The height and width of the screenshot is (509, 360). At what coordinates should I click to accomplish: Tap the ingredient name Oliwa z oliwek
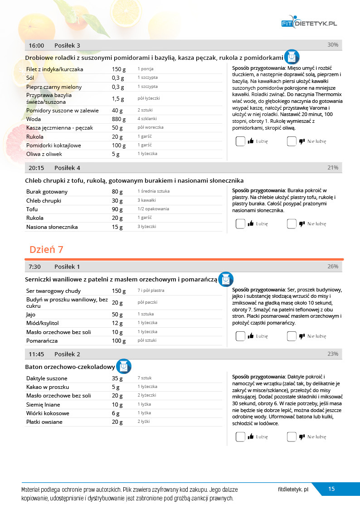[x=44, y=154]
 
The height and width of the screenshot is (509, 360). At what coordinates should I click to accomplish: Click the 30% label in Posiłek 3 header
[x=333, y=45]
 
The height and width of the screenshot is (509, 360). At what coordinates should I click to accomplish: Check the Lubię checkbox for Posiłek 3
[x=240, y=141]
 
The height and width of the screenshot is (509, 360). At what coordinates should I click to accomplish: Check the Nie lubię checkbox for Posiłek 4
[x=292, y=223]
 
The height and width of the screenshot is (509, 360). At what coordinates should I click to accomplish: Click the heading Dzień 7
[x=46, y=249]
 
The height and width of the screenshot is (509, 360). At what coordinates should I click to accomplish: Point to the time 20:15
[x=36, y=168]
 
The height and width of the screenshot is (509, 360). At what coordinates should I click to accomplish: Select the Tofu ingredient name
[x=32, y=209]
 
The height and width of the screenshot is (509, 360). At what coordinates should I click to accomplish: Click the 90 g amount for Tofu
[x=117, y=209]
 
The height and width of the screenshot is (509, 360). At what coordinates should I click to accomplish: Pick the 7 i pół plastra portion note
[x=151, y=291]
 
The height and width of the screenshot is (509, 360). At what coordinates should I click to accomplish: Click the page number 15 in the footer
[x=331, y=489]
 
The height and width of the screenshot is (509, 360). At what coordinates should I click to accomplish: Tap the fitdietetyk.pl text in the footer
[x=293, y=490]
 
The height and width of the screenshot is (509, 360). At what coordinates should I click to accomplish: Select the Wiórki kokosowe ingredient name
[x=48, y=413]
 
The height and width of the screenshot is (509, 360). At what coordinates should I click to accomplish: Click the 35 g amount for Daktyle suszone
[x=117, y=378]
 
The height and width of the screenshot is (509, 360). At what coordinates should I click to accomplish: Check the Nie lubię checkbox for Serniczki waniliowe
[x=292, y=336]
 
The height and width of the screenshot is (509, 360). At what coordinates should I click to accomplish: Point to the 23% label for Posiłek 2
[x=333, y=354]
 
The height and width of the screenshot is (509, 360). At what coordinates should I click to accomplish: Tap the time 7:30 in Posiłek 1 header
[x=35, y=267]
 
